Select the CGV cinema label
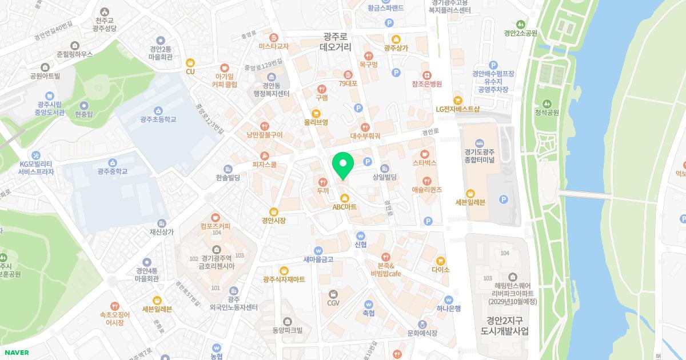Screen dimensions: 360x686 tap(333, 303)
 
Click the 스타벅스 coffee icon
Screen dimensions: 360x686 tap(424, 153)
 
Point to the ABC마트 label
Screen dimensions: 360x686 tap(344, 207)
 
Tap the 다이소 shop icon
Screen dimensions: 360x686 tap(441, 260)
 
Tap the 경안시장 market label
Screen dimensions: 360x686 tap(273, 220)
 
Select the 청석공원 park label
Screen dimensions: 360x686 tap(547, 113)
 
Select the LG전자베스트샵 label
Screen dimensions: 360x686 tap(457, 109)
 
